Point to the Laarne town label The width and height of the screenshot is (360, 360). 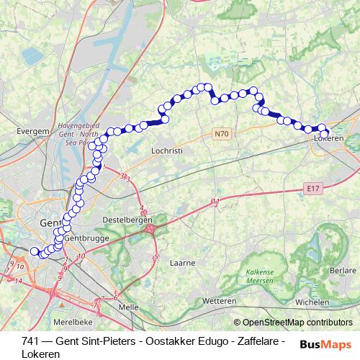(x=181, y=264)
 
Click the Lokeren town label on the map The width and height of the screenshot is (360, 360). (x=329, y=138)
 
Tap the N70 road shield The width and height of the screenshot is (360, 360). (x=220, y=134)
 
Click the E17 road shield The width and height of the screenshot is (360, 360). (x=311, y=189)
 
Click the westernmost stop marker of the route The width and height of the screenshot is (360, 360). (x=34, y=251)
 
